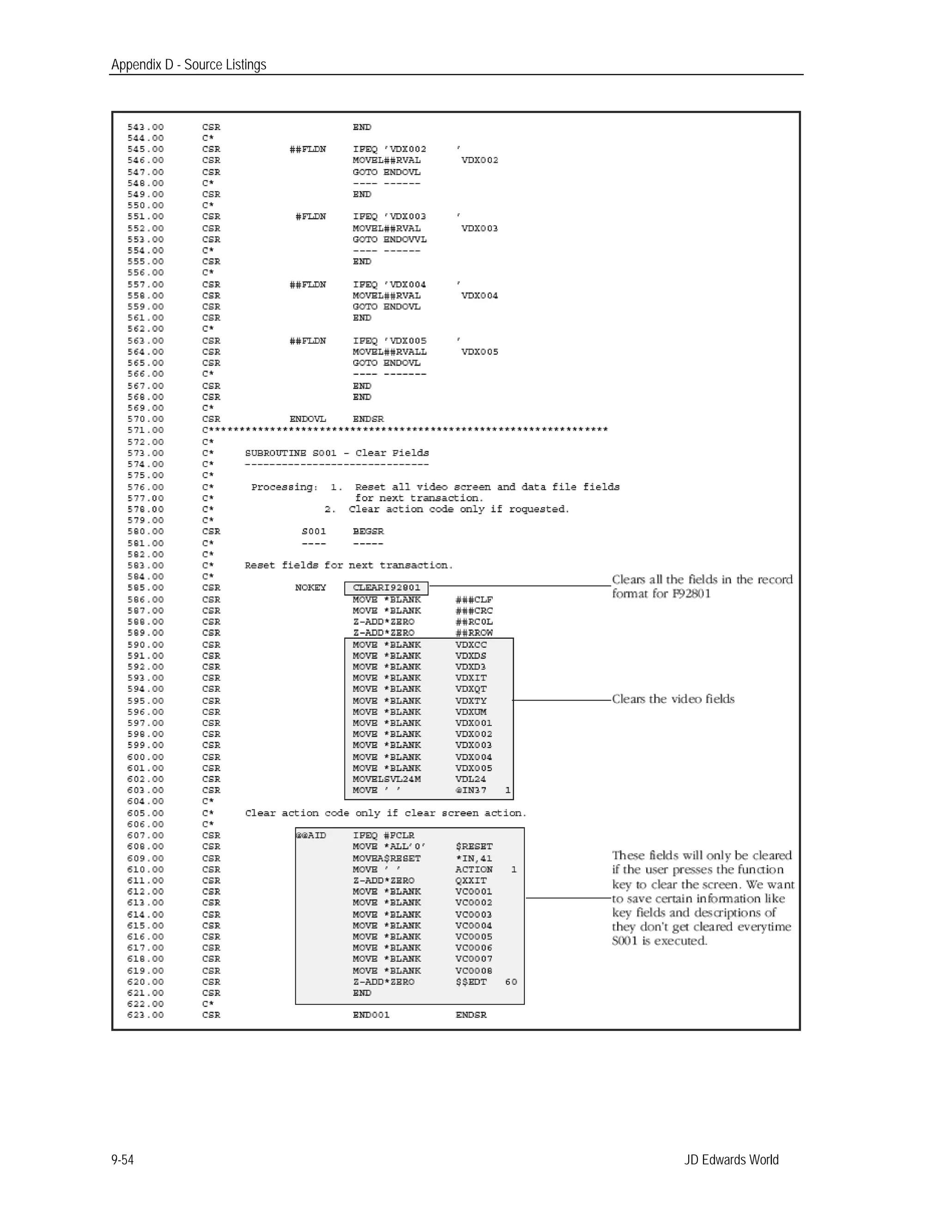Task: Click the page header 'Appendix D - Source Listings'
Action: pos(188,65)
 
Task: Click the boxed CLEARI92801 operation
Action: pos(386,588)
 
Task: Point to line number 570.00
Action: pos(145,420)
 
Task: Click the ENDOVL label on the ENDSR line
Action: pos(307,420)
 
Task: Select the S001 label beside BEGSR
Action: pos(313,531)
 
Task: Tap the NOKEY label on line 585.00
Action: pos(310,588)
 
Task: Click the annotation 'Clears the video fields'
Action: pos(673,699)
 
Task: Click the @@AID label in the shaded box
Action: pos(310,835)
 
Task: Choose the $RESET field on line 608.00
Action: pos(473,847)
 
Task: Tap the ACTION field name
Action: pos(473,869)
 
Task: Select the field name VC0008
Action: pos(473,971)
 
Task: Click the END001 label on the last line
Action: pos(370,1015)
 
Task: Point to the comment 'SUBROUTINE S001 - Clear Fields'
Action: pos(336,453)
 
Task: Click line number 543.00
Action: pos(145,127)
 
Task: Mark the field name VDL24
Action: pos(470,779)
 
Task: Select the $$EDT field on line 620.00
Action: pos(471,982)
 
